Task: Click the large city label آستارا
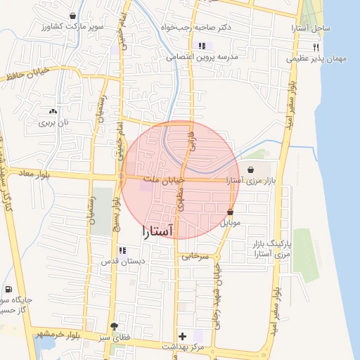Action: tap(160, 230)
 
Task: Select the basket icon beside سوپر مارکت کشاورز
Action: tap(73, 15)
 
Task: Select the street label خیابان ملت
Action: tap(163, 181)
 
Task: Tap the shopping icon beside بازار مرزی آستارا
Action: tap(251, 169)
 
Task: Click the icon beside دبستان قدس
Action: tap(122, 250)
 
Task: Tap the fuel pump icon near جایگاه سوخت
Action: tap(8, 289)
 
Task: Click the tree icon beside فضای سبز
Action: tap(115, 326)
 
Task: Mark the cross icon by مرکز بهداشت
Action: tap(183, 336)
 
